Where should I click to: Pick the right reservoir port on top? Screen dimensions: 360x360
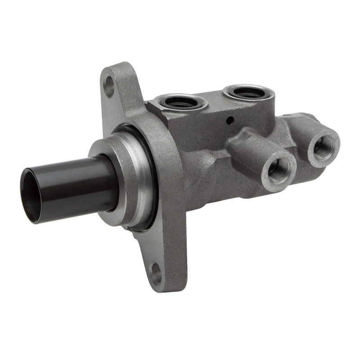coord(248,93)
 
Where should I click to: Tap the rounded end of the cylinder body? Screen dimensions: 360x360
coord(310,121)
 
